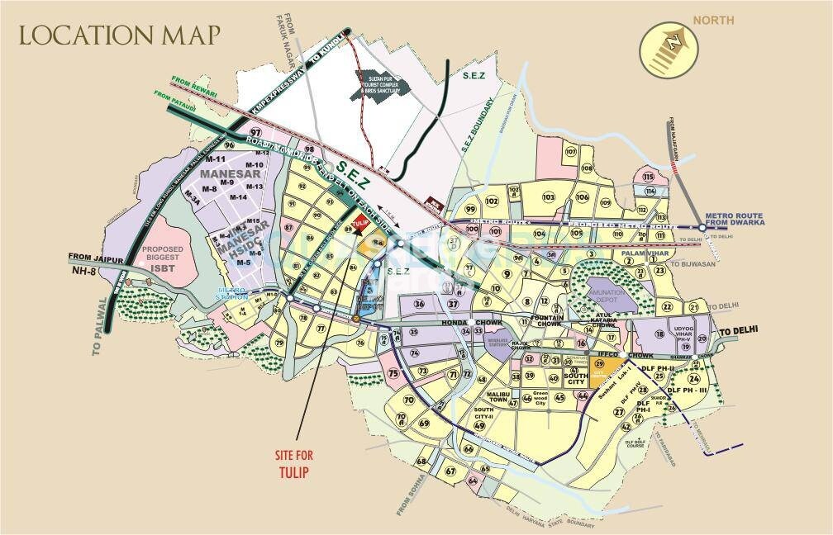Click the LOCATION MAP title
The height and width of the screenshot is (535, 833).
(x=120, y=36)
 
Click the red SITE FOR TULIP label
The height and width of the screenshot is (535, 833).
(x=293, y=463)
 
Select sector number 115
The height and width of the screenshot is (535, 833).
(x=648, y=177)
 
